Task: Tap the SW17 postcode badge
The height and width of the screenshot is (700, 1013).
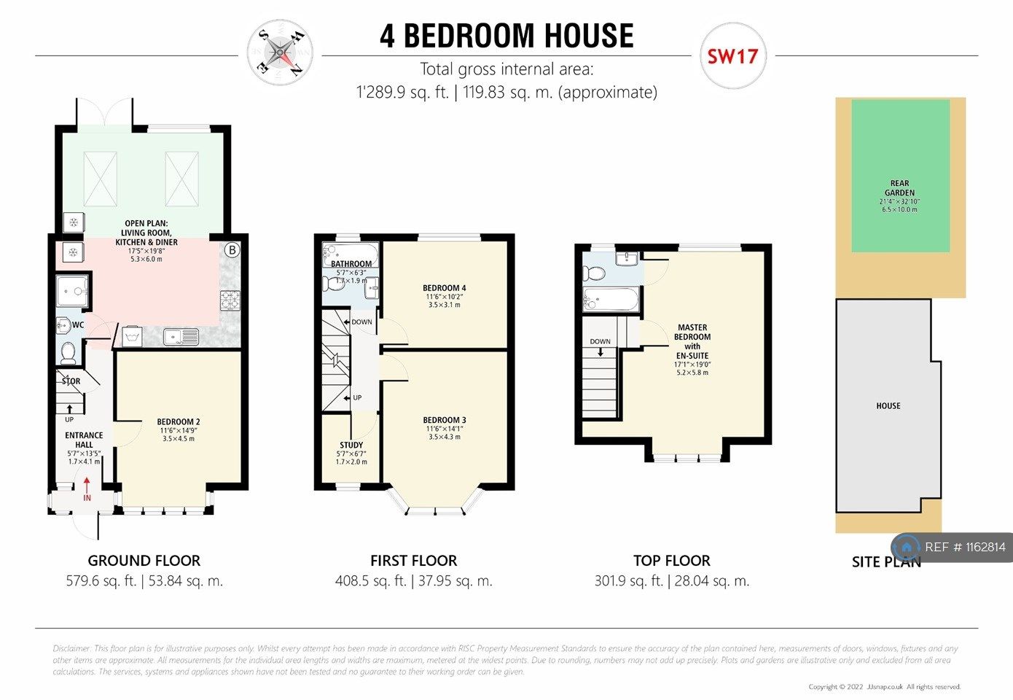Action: pyautogui.click(x=732, y=56)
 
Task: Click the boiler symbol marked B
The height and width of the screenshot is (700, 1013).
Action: pyautogui.click(x=232, y=251)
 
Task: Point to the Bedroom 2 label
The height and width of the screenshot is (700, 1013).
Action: pyautogui.click(x=179, y=421)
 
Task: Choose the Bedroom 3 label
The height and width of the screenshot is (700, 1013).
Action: pyautogui.click(x=444, y=420)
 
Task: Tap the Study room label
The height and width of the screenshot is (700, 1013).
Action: pyautogui.click(x=351, y=445)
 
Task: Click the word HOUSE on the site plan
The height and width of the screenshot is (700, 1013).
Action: pyautogui.click(x=888, y=405)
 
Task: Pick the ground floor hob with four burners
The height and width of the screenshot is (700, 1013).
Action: pyautogui.click(x=230, y=300)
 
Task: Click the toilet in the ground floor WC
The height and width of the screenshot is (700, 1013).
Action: pyautogui.click(x=69, y=353)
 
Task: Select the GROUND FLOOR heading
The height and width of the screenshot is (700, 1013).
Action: pyautogui.click(x=144, y=561)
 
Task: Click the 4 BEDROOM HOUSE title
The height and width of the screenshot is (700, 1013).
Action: pyautogui.click(x=506, y=36)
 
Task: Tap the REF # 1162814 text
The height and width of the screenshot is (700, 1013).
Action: pyautogui.click(x=965, y=547)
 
